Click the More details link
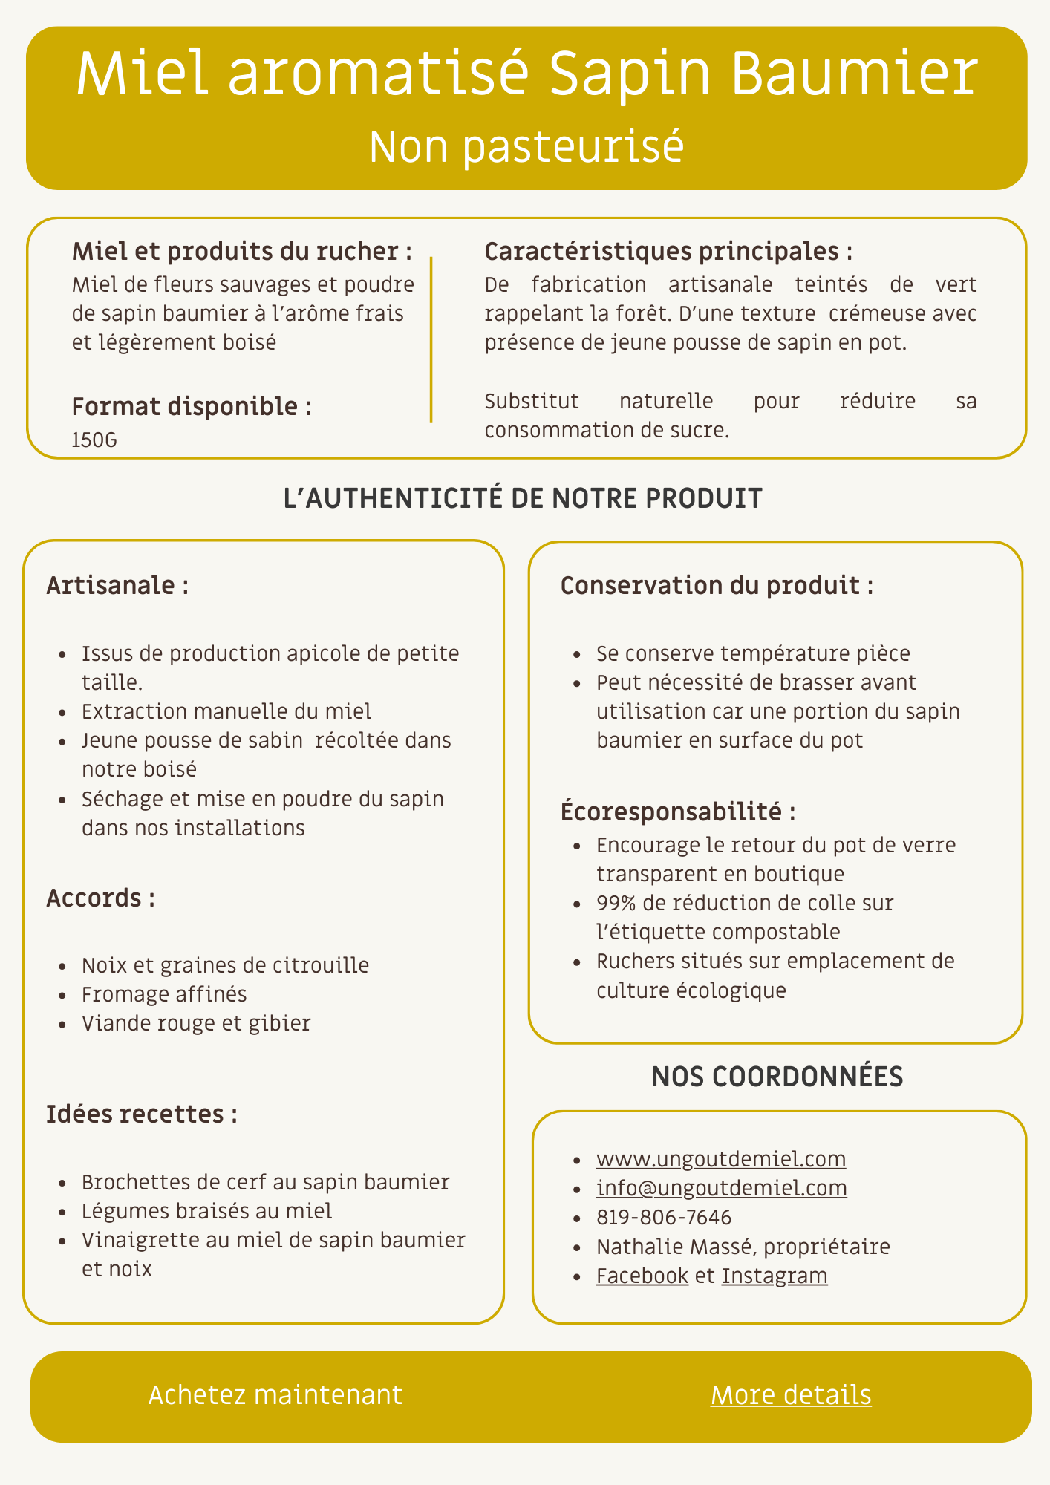791,1395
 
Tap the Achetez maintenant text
275,1395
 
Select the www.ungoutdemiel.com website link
720,1159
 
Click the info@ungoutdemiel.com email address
721,1188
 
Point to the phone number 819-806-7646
664,1218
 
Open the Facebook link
642,1276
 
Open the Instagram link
775,1276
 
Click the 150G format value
94,440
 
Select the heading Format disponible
191,407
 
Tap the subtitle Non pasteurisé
526,146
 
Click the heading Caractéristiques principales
668,252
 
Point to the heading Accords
100,898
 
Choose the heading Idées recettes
141,1114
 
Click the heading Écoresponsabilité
678,812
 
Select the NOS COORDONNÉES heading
777,1077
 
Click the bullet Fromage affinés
164,994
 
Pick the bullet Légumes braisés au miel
206,1211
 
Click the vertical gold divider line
431,340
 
